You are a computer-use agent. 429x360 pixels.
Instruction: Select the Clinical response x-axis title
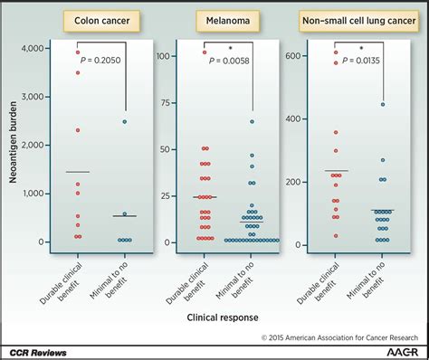point(223,318)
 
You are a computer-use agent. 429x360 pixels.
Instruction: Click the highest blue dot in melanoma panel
point(253,121)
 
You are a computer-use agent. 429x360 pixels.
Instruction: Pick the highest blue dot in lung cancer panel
point(383,104)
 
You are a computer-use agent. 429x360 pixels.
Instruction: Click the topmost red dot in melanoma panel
point(205,52)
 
